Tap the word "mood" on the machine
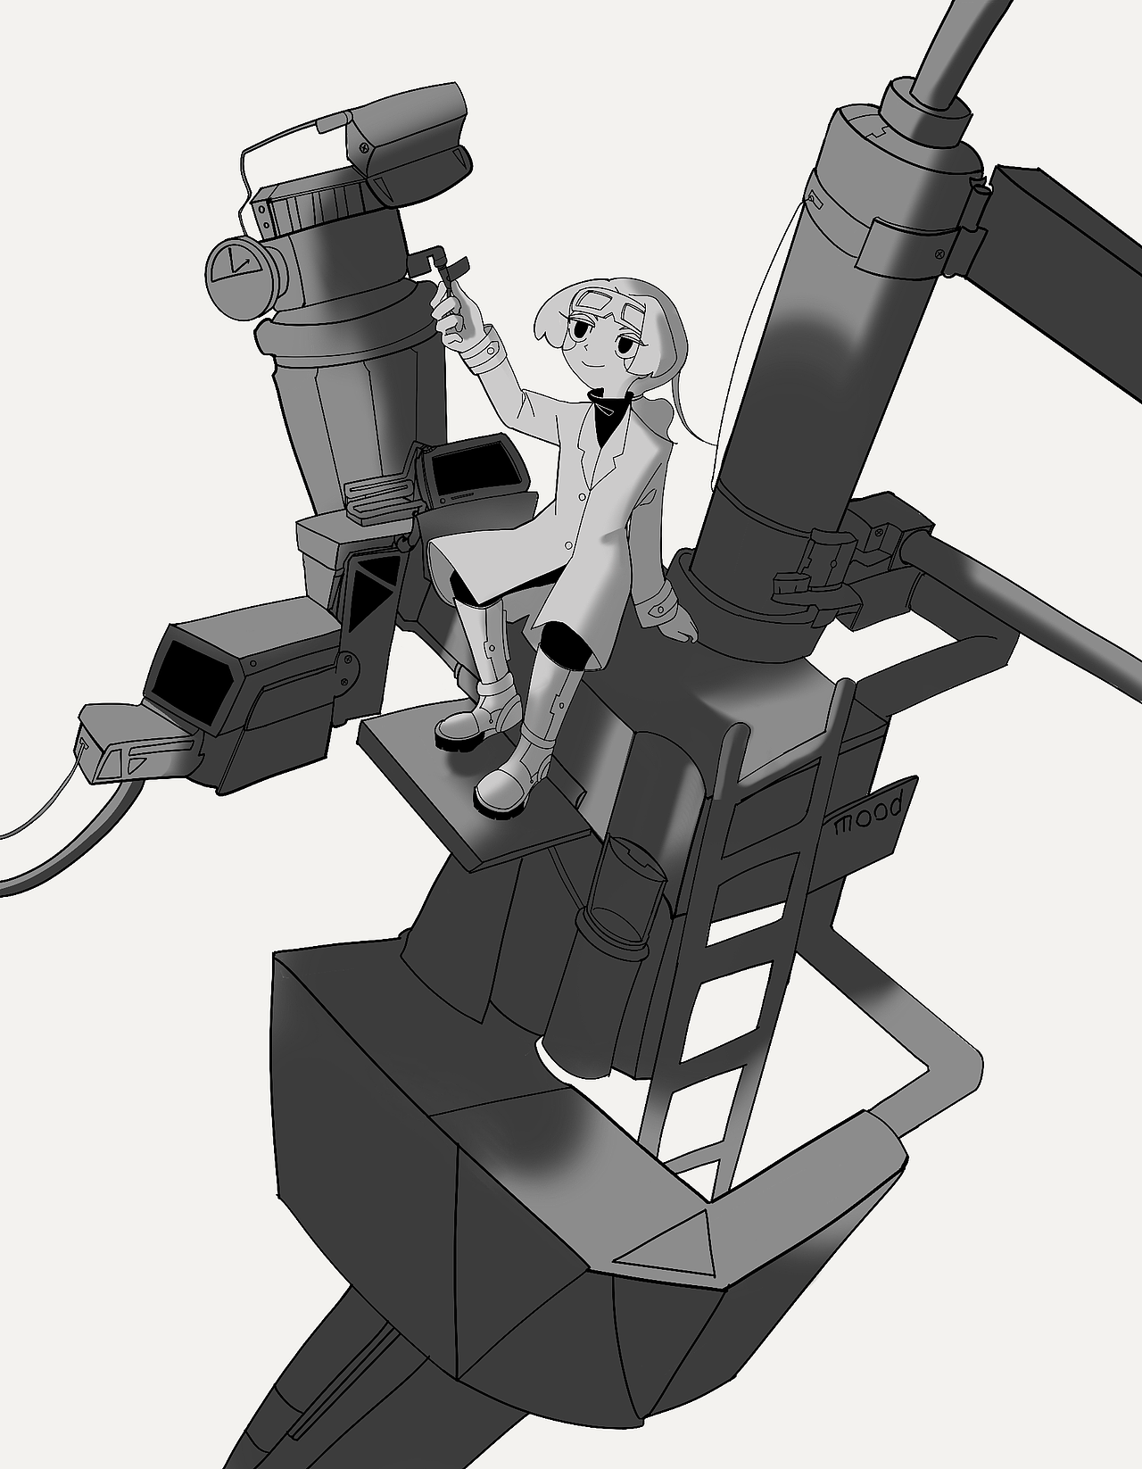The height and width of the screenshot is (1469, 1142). coord(869,816)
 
